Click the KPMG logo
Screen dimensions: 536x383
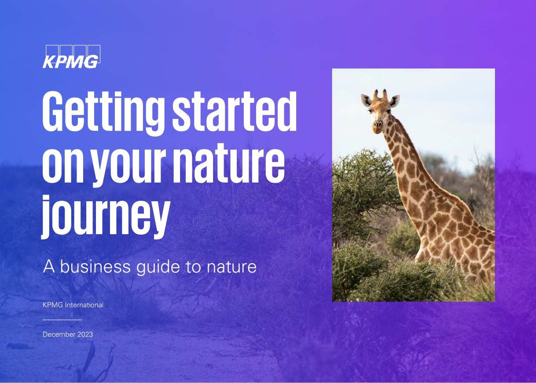click(x=72, y=57)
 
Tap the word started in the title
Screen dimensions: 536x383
click(x=235, y=111)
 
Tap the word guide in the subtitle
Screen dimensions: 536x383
click(x=158, y=268)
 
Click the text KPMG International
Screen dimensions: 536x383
click(x=73, y=305)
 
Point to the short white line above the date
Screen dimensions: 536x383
click(x=62, y=320)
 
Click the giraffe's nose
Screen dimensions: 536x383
click(x=378, y=124)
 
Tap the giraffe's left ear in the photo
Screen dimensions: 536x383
click(x=366, y=100)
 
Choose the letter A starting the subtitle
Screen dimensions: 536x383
click(x=49, y=266)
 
